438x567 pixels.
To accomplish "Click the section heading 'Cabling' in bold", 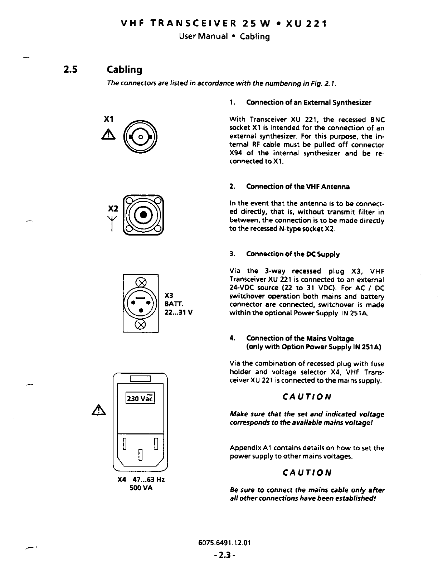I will [x=125, y=69].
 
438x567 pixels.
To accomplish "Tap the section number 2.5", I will [x=70, y=69].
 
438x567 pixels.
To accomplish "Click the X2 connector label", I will [x=113, y=208].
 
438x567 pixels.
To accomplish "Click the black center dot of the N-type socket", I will [x=143, y=215].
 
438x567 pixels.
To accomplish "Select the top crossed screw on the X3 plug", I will [x=141, y=282].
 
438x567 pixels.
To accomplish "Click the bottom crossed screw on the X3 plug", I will [x=141, y=324].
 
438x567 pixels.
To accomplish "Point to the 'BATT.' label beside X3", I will [x=174, y=304].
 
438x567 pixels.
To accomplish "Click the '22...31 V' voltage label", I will [x=179, y=312].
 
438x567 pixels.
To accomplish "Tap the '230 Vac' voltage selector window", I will [x=140, y=398].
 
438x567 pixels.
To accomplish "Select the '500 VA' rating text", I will [x=141, y=488].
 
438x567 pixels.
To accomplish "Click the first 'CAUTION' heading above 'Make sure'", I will [x=307, y=397].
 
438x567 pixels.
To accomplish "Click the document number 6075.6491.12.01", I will [x=224, y=542].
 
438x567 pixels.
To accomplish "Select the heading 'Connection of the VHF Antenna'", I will [x=298, y=186].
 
